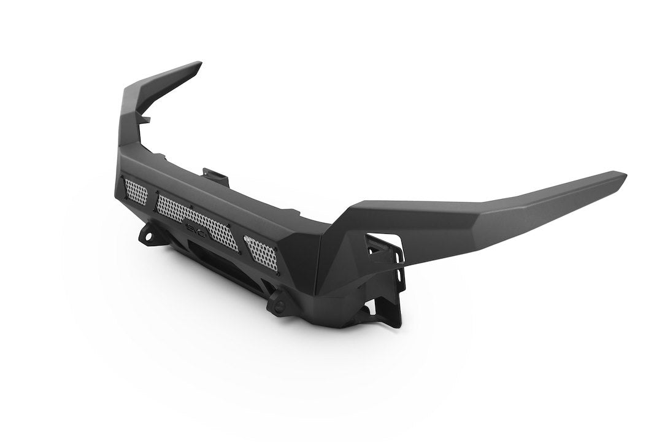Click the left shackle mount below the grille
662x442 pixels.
click(x=148, y=235)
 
